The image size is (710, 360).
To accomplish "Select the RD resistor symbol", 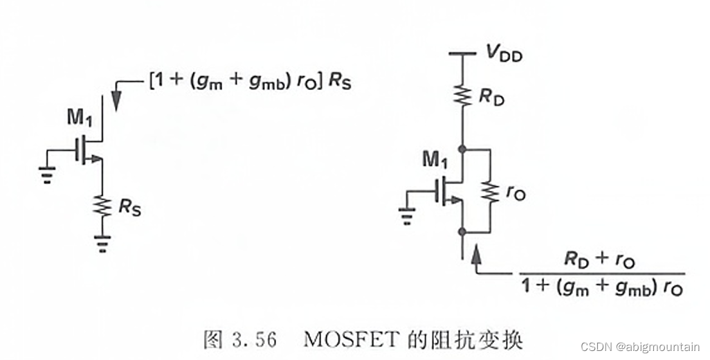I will click(462, 94).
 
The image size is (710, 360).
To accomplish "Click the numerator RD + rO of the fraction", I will click(599, 260).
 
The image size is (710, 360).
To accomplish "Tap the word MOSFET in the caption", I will click(344, 341).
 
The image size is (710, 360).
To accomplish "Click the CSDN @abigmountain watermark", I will click(639, 347).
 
